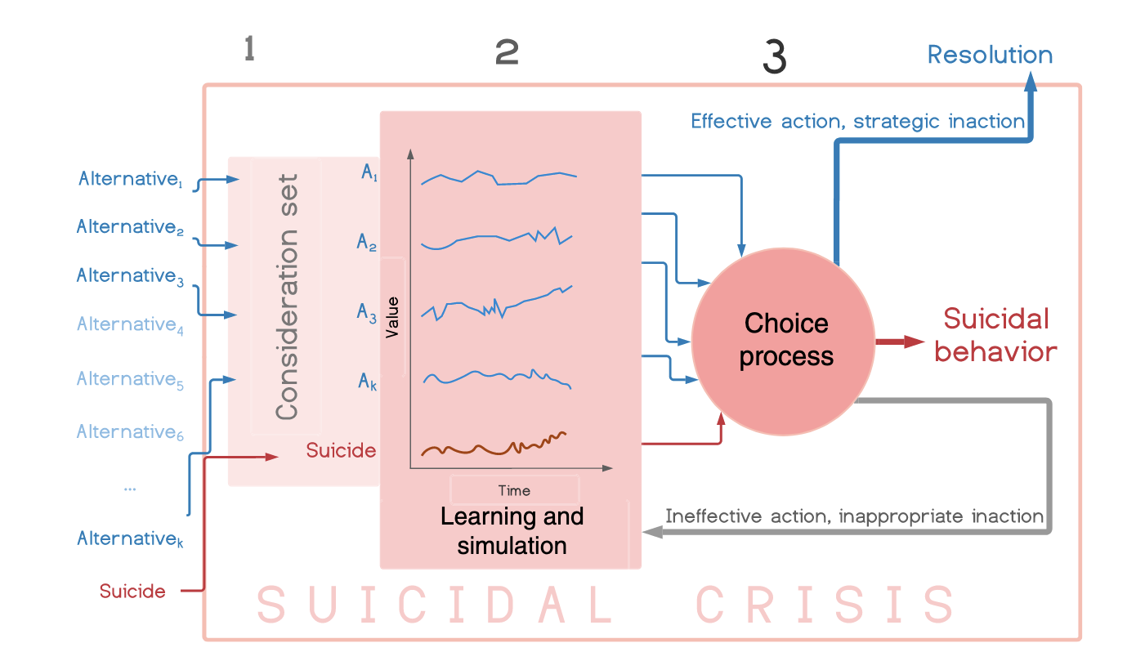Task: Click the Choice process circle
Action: pos(784,342)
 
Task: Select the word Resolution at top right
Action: pos(990,55)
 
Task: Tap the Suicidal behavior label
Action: pos(995,335)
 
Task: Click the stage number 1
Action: pos(249,49)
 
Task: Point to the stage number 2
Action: pos(507,52)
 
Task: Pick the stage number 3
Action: pos(775,57)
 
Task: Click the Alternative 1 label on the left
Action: pos(130,179)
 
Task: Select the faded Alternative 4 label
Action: pos(130,324)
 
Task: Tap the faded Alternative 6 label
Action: pos(130,432)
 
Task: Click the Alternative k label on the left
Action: pos(130,538)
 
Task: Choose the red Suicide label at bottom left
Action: pos(132,592)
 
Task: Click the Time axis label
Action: pos(514,491)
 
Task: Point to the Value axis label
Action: pos(392,318)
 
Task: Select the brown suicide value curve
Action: pos(494,444)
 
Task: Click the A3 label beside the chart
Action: pos(367,313)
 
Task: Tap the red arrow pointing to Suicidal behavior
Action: pos(900,342)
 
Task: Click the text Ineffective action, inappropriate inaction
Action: pos(855,516)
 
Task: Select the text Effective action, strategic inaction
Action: pos(857,122)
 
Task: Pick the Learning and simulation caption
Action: pos(512,531)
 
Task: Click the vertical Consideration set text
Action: pos(287,297)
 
